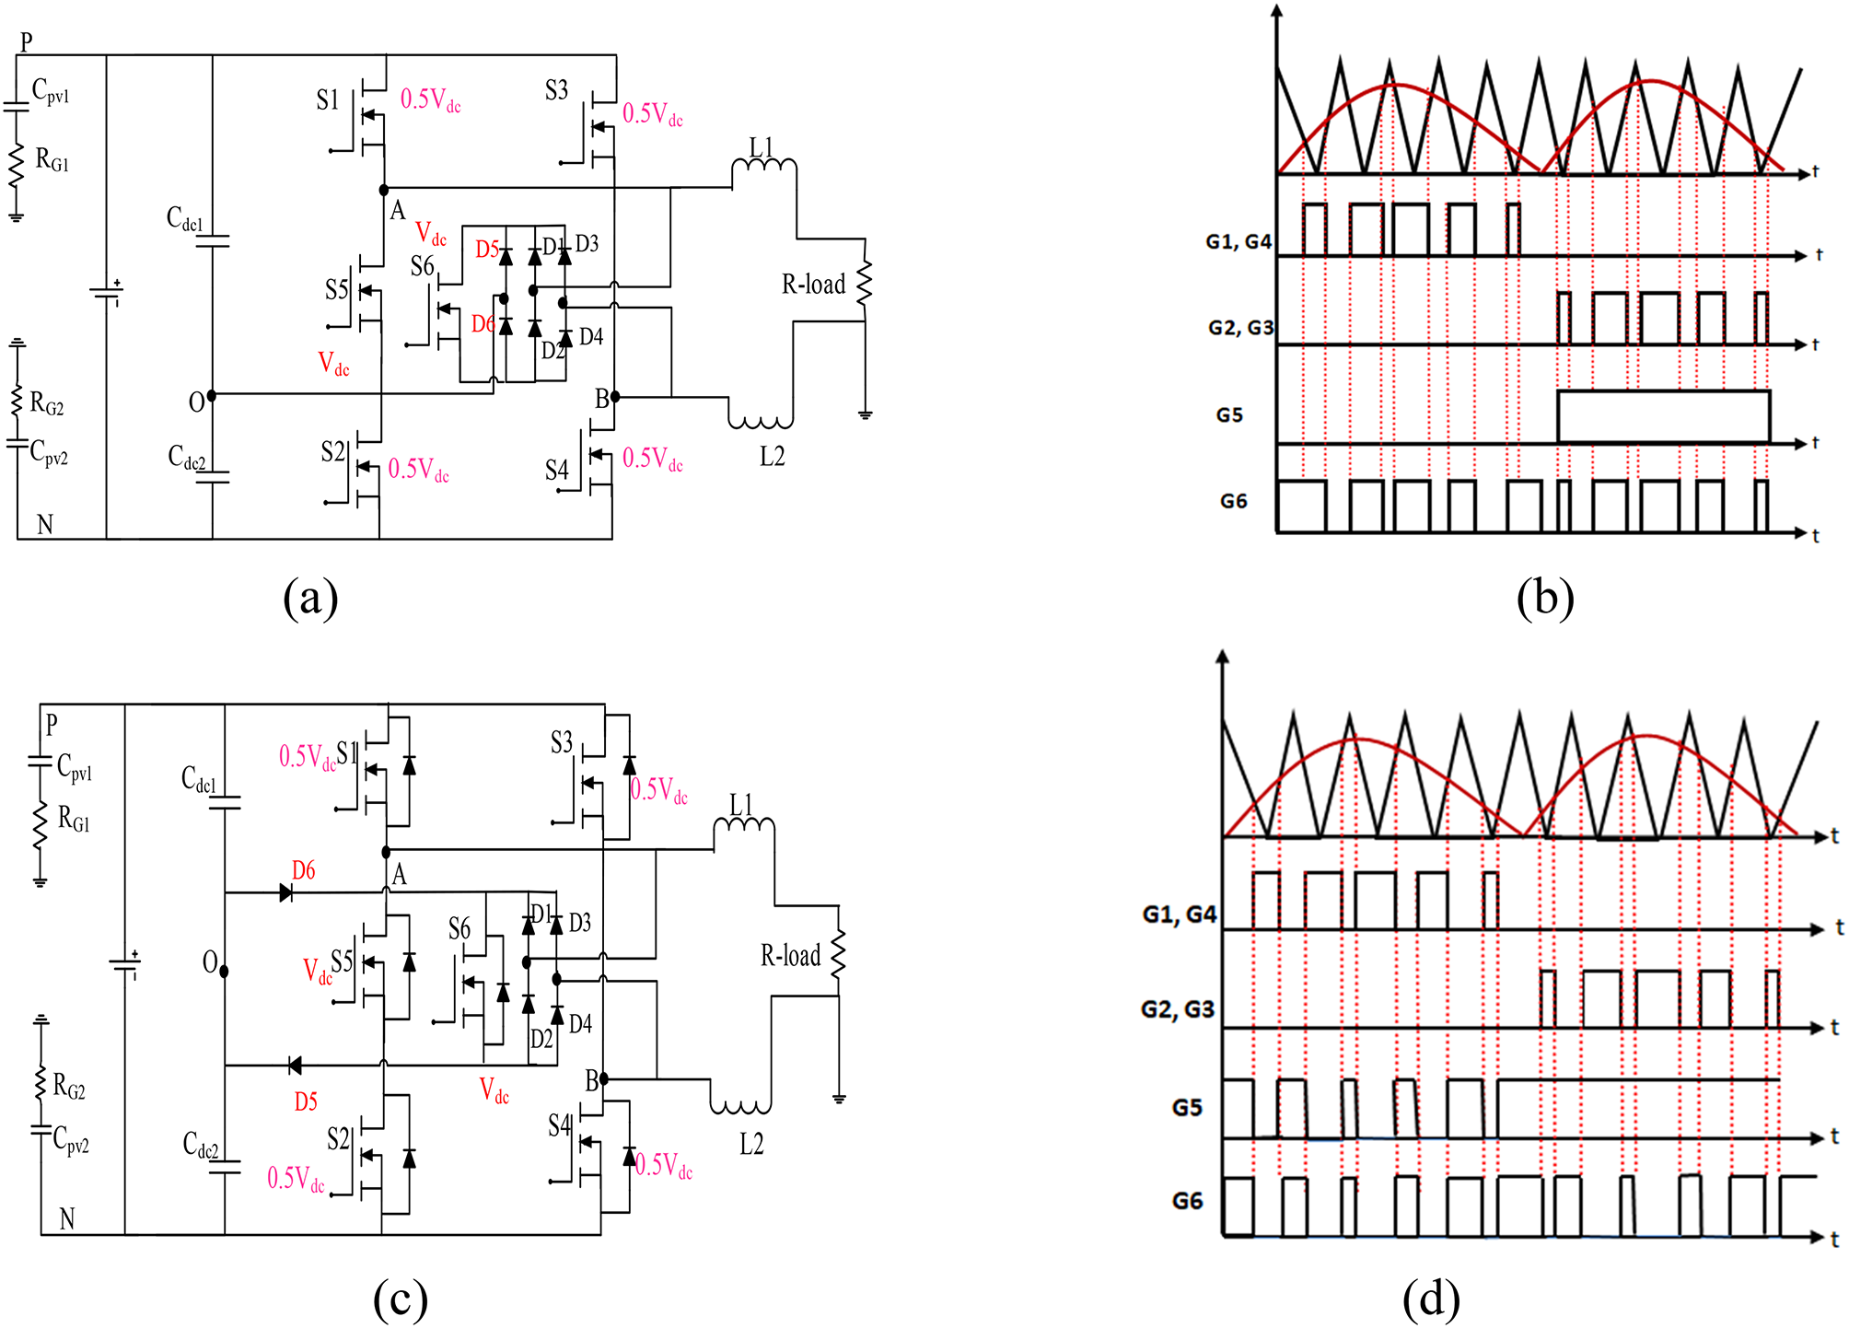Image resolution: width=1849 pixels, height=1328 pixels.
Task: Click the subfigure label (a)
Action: (310, 599)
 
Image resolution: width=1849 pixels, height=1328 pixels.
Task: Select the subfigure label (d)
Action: (1430, 1299)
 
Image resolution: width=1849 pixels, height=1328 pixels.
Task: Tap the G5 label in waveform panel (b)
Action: (1229, 415)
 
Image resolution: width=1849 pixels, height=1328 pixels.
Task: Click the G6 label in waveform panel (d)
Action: (1187, 1201)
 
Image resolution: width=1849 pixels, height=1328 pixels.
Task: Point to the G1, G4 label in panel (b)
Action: (1238, 242)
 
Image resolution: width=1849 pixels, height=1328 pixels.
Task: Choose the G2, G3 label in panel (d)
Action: (1177, 1010)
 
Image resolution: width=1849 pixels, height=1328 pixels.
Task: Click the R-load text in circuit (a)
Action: (813, 285)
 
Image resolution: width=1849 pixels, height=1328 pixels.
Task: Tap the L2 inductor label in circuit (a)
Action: (772, 457)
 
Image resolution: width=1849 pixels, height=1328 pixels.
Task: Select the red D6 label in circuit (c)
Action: (303, 870)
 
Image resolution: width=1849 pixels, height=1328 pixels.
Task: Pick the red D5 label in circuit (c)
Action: (306, 1101)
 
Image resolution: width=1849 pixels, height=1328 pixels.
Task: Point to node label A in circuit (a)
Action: (398, 211)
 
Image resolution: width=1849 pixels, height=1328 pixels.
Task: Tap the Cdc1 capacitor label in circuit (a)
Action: (184, 219)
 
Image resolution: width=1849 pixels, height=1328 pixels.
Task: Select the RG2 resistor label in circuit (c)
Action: (69, 1088)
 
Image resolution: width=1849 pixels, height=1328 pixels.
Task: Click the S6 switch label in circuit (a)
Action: (422, 267)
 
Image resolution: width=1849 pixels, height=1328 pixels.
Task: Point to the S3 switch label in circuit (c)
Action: (561, 743)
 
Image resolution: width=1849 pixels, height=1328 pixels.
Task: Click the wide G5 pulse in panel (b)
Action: (1663, 416)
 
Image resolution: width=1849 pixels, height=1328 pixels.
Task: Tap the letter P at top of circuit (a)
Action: (26, 41)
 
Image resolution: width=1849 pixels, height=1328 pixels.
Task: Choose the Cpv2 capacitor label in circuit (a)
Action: (49, 453)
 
